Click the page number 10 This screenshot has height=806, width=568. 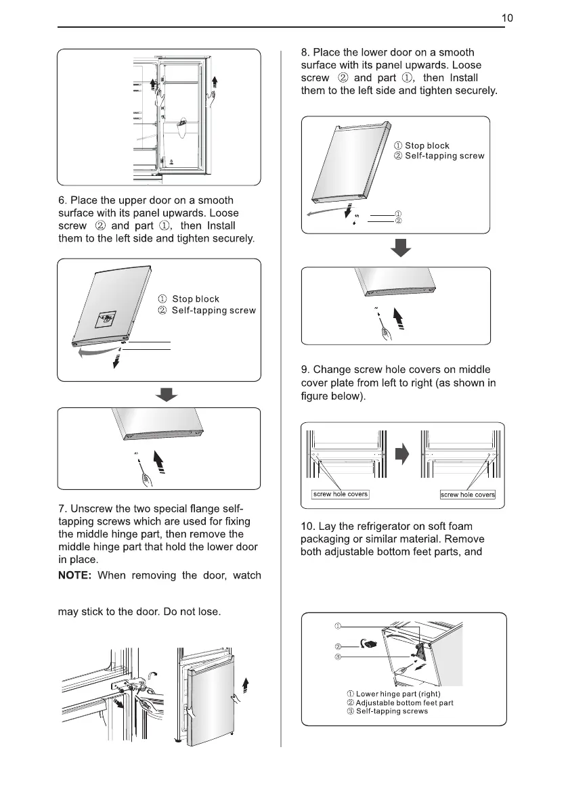(x=507, y=18)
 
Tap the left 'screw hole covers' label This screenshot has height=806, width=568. (x=340, y=494)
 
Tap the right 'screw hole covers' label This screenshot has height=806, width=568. (x=468, y=495)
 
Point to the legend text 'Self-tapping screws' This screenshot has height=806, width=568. (x=392, y=711)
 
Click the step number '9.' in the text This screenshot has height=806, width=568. (x=305, y=370)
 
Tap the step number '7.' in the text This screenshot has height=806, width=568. (x=62, y=508)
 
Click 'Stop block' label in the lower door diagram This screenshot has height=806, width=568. (x=427, y=145)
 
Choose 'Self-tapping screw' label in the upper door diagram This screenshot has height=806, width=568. (x=213, y=311)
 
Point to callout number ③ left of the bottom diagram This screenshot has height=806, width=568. (x=338, y=656)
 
